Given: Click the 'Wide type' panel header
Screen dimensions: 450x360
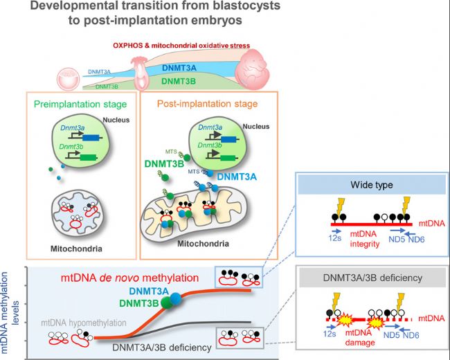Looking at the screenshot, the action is click(372, 185).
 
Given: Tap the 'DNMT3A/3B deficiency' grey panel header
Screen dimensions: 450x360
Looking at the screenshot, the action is click(372, 278).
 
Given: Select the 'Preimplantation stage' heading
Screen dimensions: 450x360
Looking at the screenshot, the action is click(80, 105).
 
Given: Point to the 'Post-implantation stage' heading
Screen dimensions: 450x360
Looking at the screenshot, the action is click(208, 104).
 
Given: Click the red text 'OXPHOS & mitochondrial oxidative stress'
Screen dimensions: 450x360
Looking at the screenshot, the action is click(181, 46).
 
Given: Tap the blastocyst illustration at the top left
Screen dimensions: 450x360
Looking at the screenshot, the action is click(68, 79).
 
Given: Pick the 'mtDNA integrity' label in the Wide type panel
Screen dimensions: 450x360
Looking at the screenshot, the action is click(364, 239).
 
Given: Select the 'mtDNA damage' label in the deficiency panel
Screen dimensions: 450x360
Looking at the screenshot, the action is click(360, 338).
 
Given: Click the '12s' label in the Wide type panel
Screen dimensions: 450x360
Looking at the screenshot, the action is click(335, 237).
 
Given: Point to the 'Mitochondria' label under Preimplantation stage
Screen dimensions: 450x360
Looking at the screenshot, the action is click(76, 249).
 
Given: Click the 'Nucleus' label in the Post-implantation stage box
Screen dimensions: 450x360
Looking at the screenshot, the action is click(256, 126).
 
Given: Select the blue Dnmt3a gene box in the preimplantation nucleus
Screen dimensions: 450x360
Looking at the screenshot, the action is click(92, 138).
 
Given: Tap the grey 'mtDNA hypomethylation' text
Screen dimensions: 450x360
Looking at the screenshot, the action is click(84, 323).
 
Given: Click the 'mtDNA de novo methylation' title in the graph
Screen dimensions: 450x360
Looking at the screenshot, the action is click(129, 278).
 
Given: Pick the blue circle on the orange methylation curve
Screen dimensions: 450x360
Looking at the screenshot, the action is click(175, 298).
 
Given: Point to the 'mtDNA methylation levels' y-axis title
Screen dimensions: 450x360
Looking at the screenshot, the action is click(10, 312).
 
